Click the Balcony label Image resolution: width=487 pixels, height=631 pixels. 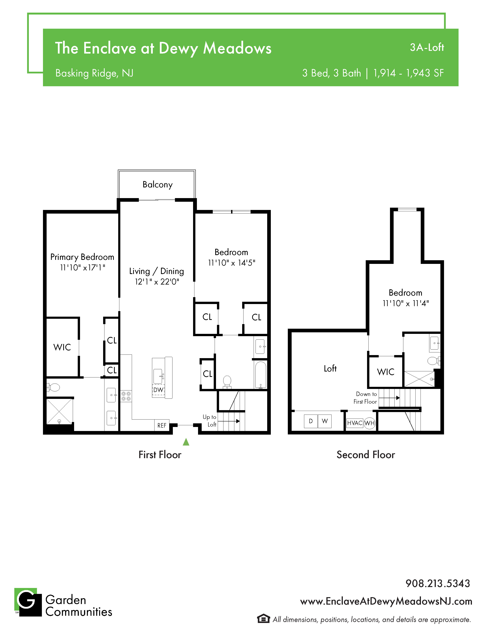[x=158, y=185]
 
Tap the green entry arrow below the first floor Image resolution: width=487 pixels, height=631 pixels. [x=186, y=442]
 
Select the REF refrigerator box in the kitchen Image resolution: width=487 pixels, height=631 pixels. [x=162, y=425]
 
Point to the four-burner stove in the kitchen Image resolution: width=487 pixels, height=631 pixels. [x=126, y=396]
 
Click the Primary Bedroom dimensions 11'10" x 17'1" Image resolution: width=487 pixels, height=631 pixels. [x=83, y=268]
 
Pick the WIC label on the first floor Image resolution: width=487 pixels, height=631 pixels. [x=62, y=347]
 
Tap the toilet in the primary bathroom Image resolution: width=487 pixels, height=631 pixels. [x=53, y=387]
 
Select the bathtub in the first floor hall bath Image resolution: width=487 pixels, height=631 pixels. [x=260, y=375]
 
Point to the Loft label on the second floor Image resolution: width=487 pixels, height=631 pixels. [x=330, y=368]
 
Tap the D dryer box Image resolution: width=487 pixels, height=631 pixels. [x=311, y=421]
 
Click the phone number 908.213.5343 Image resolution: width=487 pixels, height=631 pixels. [x=438, y=583]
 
